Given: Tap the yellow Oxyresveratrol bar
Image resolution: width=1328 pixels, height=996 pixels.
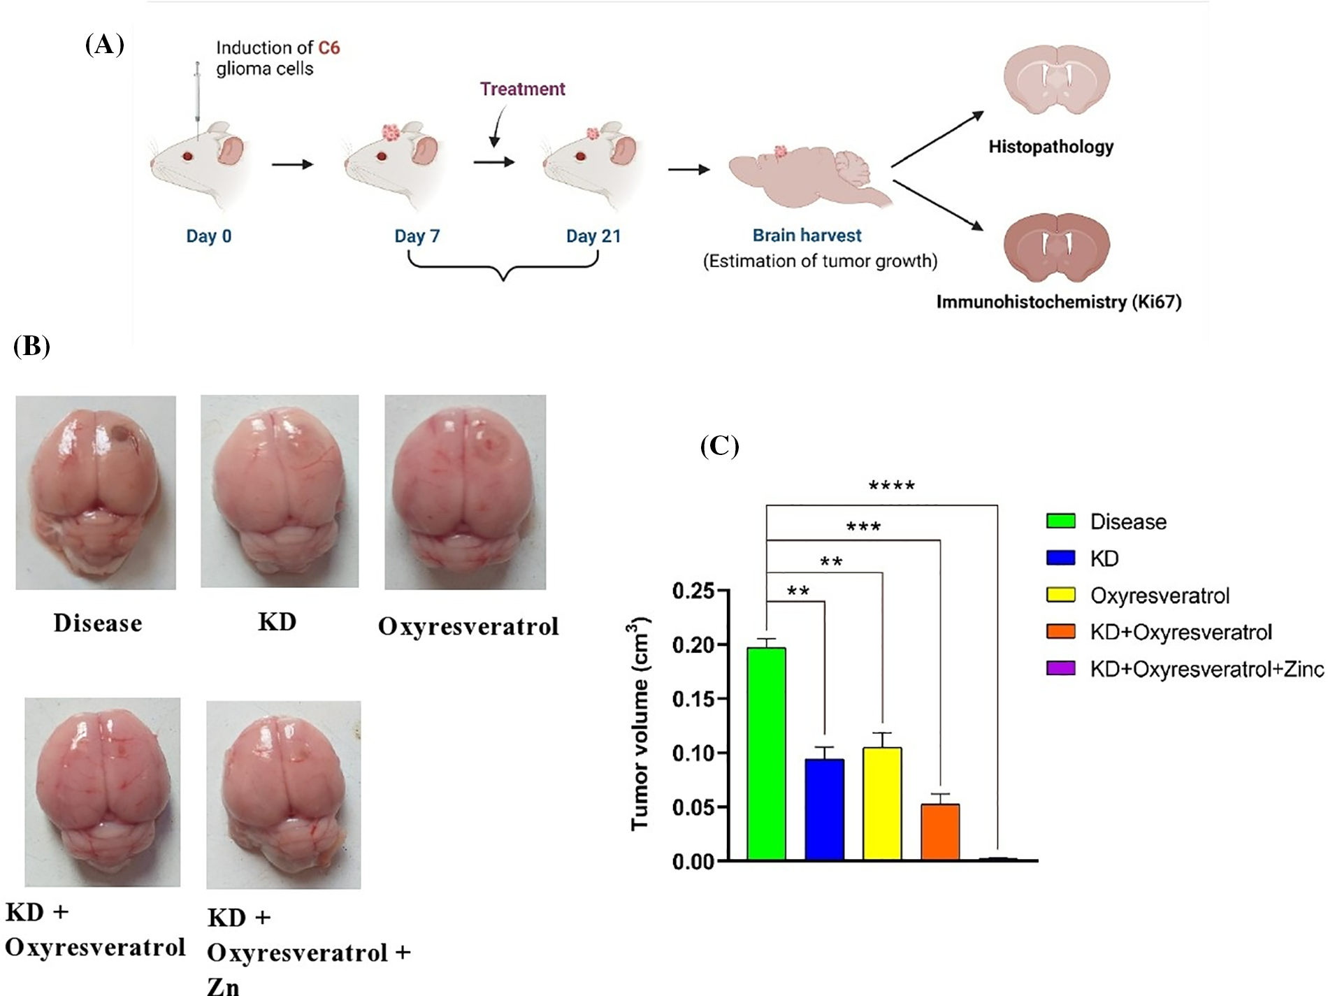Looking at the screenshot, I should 882,804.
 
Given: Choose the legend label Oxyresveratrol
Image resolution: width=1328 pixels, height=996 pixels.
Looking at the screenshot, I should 1160,596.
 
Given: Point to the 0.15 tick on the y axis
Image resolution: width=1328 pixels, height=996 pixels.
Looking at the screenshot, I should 693,699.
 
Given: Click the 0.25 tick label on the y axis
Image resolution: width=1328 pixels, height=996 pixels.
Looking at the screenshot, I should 693,591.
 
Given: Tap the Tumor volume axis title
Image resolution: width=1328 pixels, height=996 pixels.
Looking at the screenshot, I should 640,723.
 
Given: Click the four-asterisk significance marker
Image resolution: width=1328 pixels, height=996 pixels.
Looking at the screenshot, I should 891,486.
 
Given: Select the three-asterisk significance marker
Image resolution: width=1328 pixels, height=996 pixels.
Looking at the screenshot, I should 863,527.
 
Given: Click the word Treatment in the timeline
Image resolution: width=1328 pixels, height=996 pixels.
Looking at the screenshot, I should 522,89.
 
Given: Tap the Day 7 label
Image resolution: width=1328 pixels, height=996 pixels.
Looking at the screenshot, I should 417,236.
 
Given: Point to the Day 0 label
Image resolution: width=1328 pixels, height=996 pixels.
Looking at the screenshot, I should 208,236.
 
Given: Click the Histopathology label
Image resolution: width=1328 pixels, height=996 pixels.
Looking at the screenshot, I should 1051,147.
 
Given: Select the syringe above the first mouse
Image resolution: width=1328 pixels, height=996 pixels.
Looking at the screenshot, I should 197,98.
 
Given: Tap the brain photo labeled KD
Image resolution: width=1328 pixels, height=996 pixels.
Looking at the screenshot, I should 280,491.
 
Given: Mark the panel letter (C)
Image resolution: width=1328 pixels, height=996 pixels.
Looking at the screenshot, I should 719,445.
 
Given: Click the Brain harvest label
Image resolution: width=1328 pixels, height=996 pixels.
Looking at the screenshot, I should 807,236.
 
